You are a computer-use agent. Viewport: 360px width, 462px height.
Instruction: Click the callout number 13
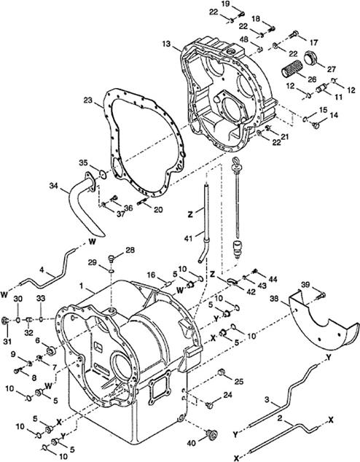point(166,44)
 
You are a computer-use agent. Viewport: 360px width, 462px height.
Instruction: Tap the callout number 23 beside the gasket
point(87,101)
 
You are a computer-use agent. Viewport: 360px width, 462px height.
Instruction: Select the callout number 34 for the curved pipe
point(54,186)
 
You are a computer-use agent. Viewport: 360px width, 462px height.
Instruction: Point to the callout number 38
point(275,299)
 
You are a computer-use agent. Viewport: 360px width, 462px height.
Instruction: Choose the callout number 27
point(332,69)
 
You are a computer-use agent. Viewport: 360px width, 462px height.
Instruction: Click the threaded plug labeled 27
point(310,57)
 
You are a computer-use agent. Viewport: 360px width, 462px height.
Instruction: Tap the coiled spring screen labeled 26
point(292,69)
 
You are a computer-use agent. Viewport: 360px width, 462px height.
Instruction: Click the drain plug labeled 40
point(212,434)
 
